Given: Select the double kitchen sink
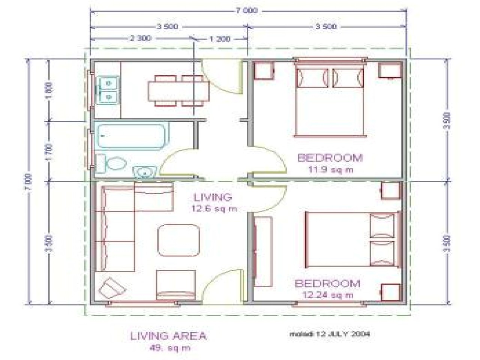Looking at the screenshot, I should [109, 90].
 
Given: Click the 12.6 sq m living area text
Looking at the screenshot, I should [213, 209].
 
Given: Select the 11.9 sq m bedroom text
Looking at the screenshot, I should [330, 169].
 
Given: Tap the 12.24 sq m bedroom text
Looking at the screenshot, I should [328, 295].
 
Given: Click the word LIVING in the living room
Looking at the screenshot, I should [213, 197].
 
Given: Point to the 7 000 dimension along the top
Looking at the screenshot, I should [246, 11].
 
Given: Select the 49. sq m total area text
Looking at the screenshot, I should [168, 348].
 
